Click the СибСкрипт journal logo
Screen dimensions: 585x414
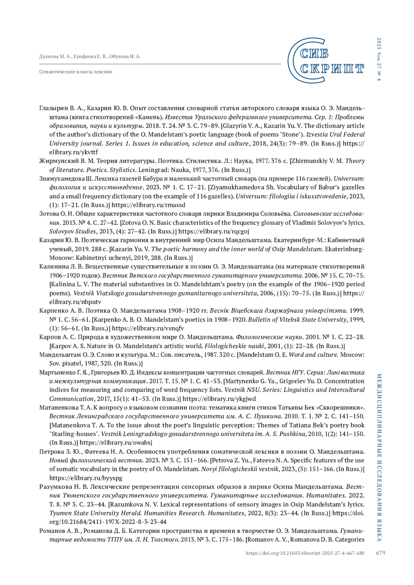click(325, 61)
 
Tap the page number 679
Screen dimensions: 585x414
click(381, 553)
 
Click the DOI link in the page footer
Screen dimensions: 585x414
click(305, 553)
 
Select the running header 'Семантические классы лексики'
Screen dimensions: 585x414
click(76, 72)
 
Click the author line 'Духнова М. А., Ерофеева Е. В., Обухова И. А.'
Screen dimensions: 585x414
click(90, 57)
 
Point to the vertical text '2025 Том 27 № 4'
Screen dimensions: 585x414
click(379, 59)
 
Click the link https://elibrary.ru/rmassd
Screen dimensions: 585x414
click(148, 205)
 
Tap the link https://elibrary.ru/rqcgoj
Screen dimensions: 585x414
click(214, 231)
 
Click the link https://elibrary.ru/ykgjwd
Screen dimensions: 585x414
click(219, 399)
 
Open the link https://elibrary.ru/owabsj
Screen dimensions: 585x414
click(116, 443)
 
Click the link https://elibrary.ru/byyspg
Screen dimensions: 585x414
click(86, 478)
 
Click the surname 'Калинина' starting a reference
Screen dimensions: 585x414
click(52, 266)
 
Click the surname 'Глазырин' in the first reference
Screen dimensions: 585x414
click(54, 108)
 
